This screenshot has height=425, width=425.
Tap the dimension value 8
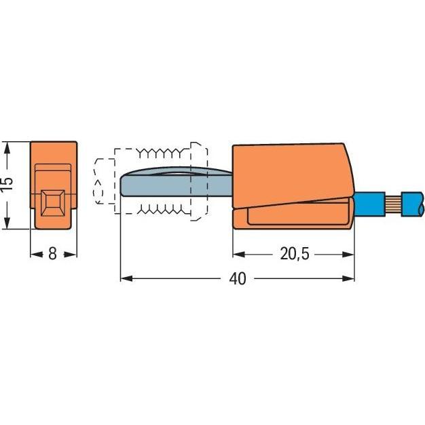click(53, 255)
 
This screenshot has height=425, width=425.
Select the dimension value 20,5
click(293, 255)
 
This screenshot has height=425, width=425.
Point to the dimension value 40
click(238, 279)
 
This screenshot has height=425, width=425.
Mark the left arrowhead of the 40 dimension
click(125, 279)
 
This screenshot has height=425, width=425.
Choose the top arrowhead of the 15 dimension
click(7, 147)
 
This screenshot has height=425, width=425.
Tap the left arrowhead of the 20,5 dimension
click(238, 255)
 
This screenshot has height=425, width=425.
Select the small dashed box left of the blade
click(103, 182)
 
